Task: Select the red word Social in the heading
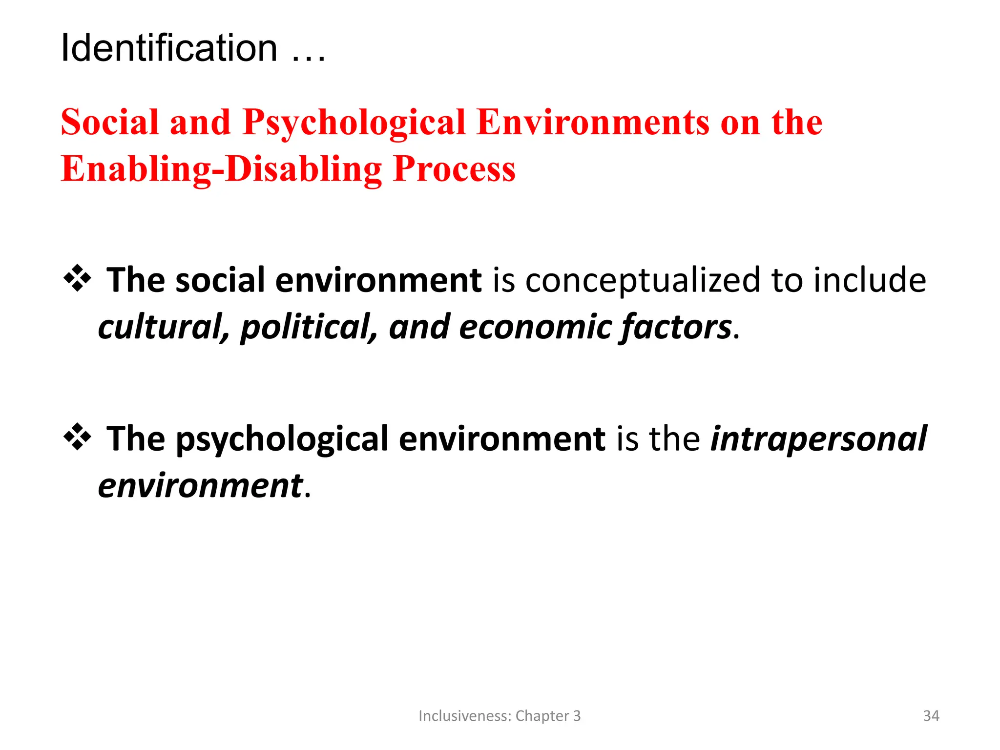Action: (x=110, y=122)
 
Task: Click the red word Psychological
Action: (x=354, y=123)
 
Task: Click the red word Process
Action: (x=454, y=169)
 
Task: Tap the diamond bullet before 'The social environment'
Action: (x=77, y=278)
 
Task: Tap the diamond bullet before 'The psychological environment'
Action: (x=77, y=437)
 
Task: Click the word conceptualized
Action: (x=643, y=281)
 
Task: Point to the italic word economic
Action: (x=535, y=327)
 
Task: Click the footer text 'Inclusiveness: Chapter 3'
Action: (x=500, y=716)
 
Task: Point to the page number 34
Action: (x=931, y=716)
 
